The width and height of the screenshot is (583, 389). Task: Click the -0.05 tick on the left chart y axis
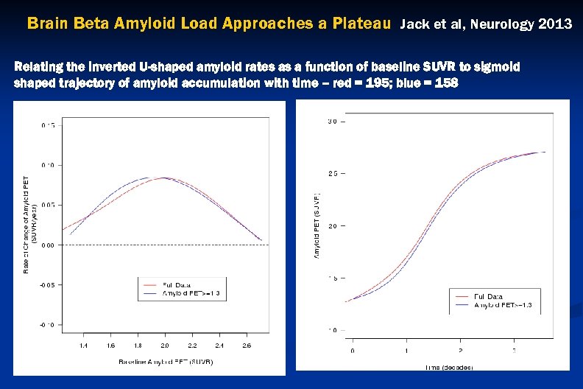click(x=45, y=284)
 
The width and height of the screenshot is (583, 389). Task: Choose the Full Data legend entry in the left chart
click(x=177, y=284)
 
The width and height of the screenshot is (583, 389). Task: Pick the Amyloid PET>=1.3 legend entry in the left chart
click(x=191, y=293)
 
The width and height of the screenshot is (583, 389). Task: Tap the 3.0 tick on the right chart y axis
click(x=333, y=121)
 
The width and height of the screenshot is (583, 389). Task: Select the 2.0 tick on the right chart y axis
click(x=333, y=226)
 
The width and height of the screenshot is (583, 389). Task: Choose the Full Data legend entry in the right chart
click(x=489, y=296)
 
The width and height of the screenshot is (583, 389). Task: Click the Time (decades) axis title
click(x=448, y=366)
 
